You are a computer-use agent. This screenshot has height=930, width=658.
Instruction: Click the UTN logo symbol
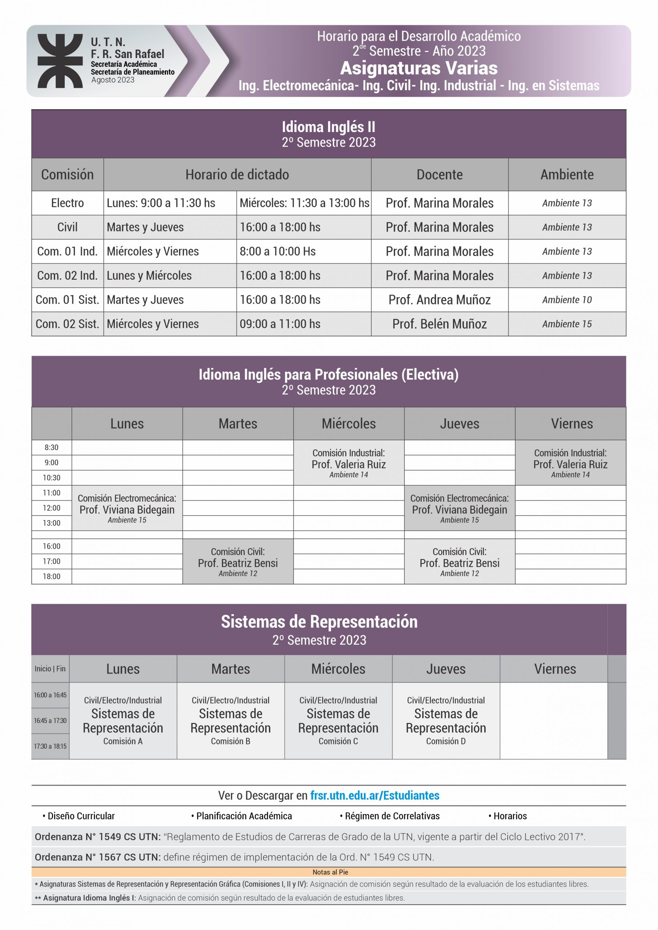[x=60, y=61]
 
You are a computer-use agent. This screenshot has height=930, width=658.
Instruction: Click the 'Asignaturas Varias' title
[x=419, y=68]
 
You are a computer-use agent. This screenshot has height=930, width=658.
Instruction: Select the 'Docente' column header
[x=439, y=175]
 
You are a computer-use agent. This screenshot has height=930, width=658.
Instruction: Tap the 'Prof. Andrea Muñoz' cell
[x=439, y=300]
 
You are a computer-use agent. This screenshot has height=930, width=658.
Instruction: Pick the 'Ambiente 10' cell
[x=566, y=300]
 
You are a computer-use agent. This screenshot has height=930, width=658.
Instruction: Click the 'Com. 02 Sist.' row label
[x=67, y=324]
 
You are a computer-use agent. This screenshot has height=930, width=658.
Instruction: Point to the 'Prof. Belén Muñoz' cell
[x=439, y=324]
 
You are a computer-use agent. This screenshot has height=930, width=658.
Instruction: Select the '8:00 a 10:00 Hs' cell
[x=278, y=251]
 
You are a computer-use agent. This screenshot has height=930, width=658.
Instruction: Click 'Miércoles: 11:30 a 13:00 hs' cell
[x=304, y=203]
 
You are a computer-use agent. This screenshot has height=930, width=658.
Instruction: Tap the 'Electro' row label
[x=67, y=203]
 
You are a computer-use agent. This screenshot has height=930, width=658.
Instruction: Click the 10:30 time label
[x=52, y=478]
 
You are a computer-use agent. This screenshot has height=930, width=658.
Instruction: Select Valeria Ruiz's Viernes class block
[x=570, y=463]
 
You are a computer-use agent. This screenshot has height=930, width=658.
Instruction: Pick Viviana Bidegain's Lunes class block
[x=127, y=508]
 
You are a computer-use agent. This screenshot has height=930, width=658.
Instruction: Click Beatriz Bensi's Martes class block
[x=238, y=562]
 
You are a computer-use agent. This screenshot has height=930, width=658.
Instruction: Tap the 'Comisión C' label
[x=338, y=741]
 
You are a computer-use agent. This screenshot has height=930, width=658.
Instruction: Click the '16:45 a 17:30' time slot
[x=50, y=721]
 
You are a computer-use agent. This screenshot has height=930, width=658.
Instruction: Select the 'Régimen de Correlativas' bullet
[x=392, y=816]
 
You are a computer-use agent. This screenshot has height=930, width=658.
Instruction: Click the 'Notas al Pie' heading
[x=330, y=872]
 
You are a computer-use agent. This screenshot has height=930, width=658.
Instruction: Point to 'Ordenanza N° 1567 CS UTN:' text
[x=98, y=857]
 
